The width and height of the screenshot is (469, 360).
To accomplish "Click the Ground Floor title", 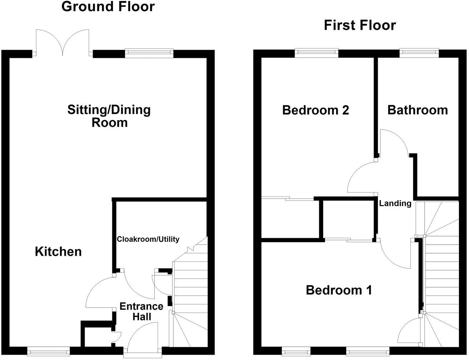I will point(108,7).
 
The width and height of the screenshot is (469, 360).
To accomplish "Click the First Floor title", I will point(360,25).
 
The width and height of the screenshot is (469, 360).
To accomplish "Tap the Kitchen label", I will point(58,251).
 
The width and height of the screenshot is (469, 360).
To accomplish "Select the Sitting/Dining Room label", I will point(109,116).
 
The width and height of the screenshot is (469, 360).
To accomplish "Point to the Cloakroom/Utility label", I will point(148,239).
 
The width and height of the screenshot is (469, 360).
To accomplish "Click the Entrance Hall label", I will point(141,311).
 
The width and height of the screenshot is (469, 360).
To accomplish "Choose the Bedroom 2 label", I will point(315,110).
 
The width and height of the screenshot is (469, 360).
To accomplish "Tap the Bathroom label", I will point(418,110).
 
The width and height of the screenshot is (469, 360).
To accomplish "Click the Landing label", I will point(395,204).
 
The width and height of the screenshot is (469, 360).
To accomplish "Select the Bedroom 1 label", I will point(339,290).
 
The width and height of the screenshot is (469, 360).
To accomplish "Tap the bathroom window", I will point(419,53).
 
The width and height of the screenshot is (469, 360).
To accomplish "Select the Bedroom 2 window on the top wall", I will point(316,53).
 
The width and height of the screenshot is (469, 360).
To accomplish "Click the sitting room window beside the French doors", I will point(149,53).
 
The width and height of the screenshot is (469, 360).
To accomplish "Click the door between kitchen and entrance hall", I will point(100,291).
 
